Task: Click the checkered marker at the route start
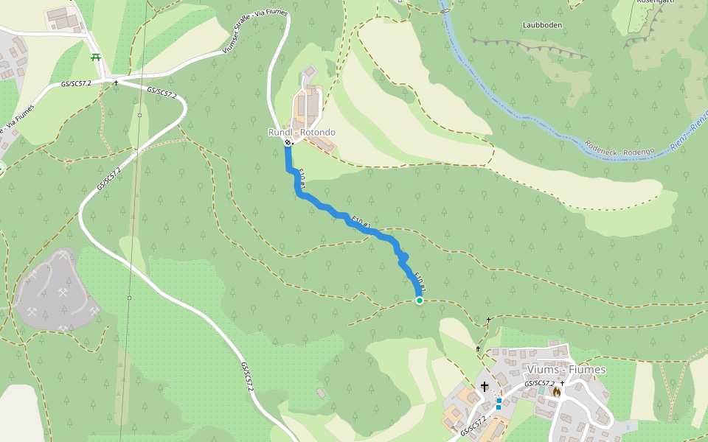click(288, 143)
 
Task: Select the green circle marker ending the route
click(420, 301)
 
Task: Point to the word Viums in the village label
click(542, 369)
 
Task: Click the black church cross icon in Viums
click(485, 387)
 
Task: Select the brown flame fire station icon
click(556, 392)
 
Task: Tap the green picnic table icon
click(95, 57)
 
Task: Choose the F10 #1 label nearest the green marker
click(420, 282)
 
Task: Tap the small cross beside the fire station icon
click(563, 383)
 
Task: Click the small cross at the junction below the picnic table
click(116, 83)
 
